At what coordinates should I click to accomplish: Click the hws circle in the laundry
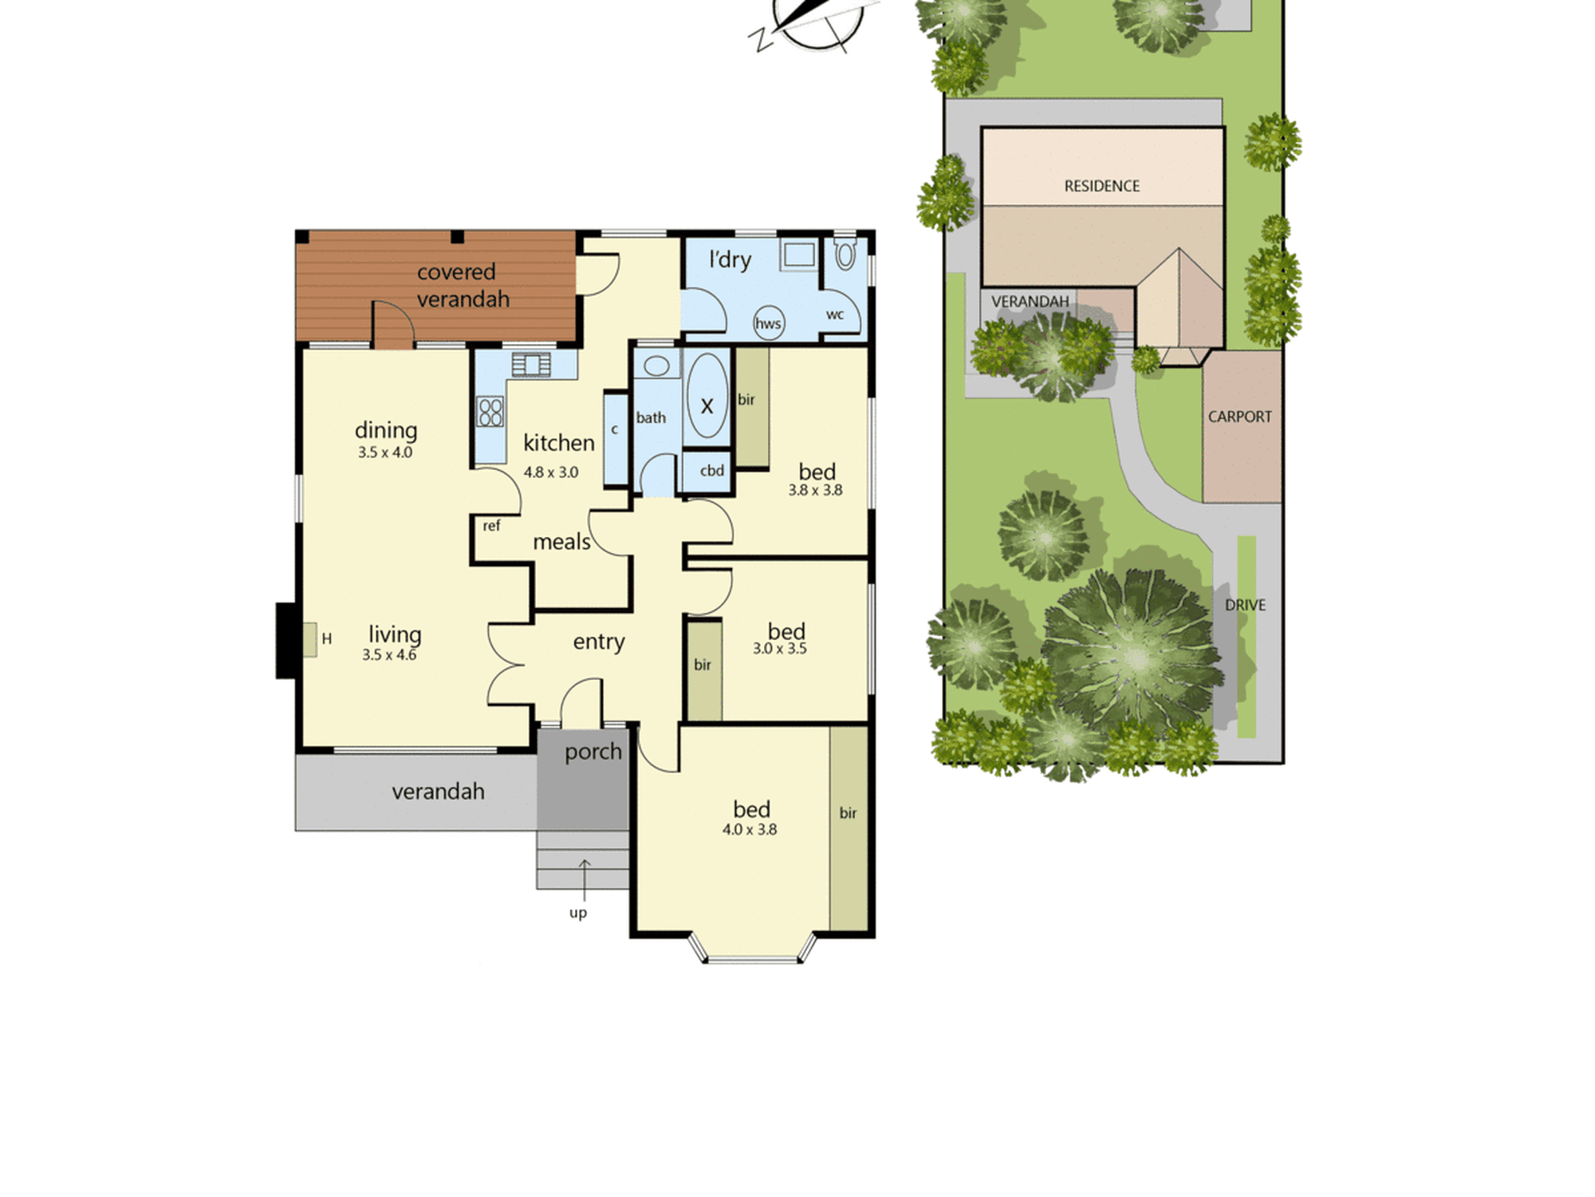click(x=769, y=322)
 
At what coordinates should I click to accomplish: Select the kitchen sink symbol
click(x=531, y=364)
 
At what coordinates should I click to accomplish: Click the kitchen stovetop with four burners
click(x=490, y=412)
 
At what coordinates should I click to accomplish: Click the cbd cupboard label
click(x=712, y=471)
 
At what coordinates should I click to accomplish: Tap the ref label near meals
click(x=491, y=526)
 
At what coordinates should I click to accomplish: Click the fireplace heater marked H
click(x=309, y=640)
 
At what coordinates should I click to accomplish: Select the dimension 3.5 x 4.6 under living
click(x=389, y=655)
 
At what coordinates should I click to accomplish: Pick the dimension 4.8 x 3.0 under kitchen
click(x=551, y=472)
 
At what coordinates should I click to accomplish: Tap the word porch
click(x=593, y=753)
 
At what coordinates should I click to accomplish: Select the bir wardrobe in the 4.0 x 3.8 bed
click(x=849, y=828)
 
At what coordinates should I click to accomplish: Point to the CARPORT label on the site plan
click(x=1240, y=417)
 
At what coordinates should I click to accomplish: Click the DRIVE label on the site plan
click(x=1245, y=606)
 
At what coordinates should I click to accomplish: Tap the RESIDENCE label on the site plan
click(x=1102, y=186)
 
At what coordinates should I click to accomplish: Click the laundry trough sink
click(x=798, y=255)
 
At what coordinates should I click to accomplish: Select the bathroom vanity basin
click(x=656, y=366)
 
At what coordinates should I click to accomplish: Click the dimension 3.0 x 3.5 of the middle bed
click(x=780, y=649)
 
